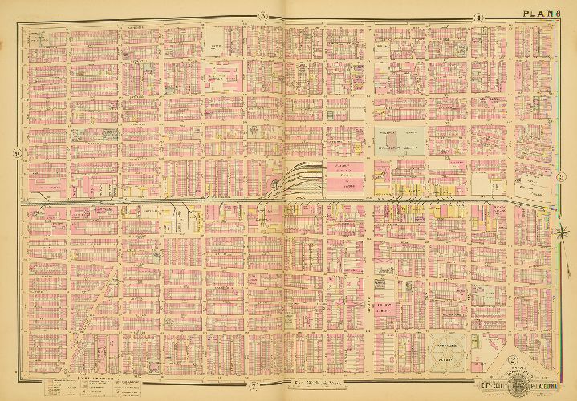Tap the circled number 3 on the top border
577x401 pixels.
point(262,18)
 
